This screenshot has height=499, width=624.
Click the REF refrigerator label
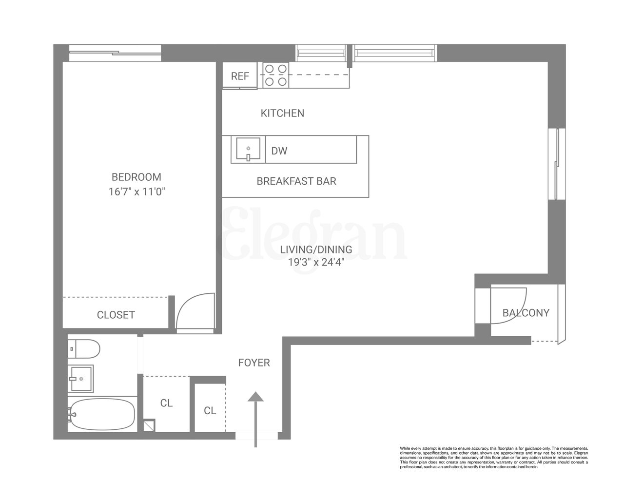[240, 77]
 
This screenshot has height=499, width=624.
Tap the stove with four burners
[275, 76]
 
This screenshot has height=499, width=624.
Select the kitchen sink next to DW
[248, 150]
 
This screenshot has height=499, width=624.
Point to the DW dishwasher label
[279, 151]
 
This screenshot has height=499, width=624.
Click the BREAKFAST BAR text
[296, 181]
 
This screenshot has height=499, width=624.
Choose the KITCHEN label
[282, 114]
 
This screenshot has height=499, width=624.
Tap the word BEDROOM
[136, 177]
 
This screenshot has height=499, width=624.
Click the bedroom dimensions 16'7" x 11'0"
[137, 192]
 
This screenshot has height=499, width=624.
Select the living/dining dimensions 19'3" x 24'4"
[316, 263]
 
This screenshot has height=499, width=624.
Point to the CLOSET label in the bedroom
[116, 315]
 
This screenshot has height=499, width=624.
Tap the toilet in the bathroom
[84, 348]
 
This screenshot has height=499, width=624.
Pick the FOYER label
[254, 363]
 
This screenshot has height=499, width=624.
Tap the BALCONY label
[526, 313]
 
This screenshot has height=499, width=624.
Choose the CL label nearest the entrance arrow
[210, 411]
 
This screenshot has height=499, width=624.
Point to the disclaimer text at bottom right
[494, 457]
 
